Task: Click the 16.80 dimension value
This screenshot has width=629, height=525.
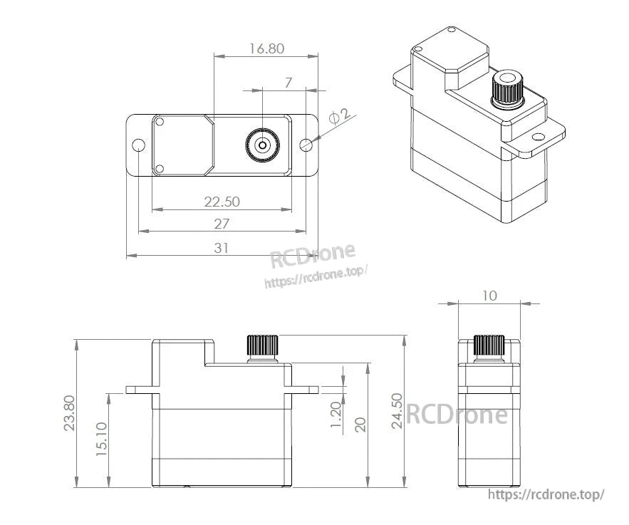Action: coord(266,48)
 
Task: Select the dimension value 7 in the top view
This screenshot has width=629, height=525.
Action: coord(288,83)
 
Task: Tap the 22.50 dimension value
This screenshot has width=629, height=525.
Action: coord(222,202)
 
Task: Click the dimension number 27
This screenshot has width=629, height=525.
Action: coord(222,224)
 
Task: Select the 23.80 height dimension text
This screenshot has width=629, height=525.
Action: coord(68,413)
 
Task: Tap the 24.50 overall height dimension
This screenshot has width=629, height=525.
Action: coord(397,410)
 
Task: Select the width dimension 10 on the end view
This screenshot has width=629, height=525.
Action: coord(489,296)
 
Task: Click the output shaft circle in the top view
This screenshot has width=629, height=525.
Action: coord(263,145)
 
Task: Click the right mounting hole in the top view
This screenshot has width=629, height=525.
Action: coord(306,145)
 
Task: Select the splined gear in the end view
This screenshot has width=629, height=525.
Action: coord(489,346)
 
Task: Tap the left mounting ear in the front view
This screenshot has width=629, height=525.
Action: coord(140,390)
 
